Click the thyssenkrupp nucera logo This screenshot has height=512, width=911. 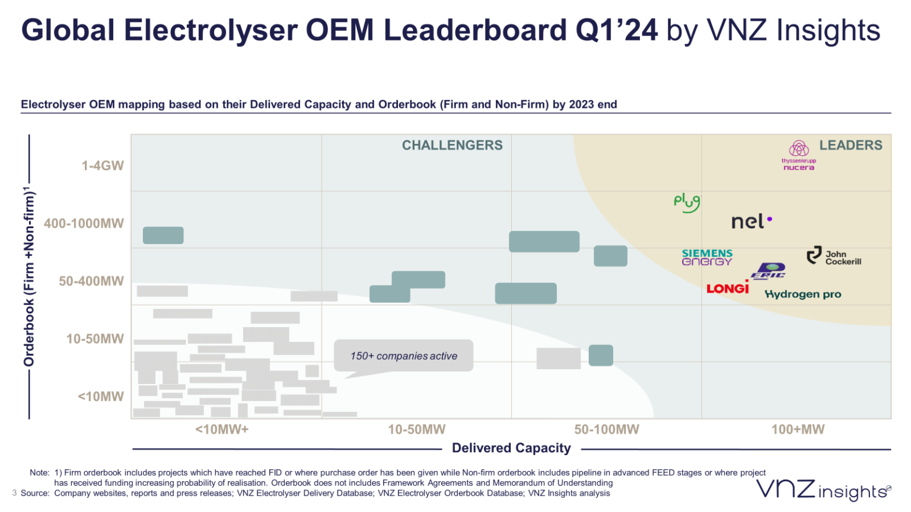click(798, 156)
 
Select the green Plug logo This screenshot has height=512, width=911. click(687, 203)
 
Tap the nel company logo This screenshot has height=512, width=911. click(751, 222)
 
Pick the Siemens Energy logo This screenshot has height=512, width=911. click(707, 257)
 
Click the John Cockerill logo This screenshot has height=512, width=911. click(833, 257)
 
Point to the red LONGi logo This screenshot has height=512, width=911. click(727, 288)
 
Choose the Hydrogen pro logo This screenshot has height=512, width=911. click(802, 295)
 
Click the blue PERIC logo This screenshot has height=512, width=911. click(769, 271)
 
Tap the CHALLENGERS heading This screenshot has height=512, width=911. click(452, 145)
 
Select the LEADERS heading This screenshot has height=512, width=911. click(851, 145)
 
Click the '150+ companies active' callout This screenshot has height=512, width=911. click(403, 356)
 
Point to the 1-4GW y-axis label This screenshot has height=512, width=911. click(103, 165)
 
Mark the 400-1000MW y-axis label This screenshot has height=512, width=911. click(84, 223)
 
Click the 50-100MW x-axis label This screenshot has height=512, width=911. click(606, 430)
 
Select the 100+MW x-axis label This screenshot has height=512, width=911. click(797, 430)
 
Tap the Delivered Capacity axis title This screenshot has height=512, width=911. click(511, 448)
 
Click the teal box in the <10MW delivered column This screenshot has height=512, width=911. click(163, 235)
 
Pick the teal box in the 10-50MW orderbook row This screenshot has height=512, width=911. click(601, 355)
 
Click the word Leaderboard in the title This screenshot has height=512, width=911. click(474, 30)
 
